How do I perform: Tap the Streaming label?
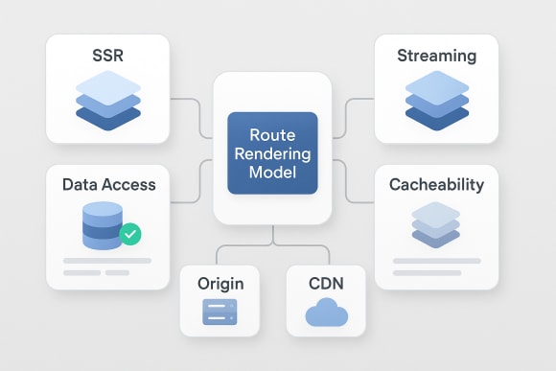click(x=436, y=57)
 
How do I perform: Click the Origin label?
click(x=220, y=284)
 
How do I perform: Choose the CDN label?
click(x=326, y=284)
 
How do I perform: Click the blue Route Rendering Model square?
click(x=272, y=154)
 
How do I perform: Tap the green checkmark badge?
click(x=129, y=233)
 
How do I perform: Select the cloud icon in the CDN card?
click(x=326, y=313)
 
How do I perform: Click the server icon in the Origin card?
click(x=220, y=313)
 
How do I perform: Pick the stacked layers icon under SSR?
click(x=106, y=100)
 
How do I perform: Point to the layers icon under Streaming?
click(x=436, y=100)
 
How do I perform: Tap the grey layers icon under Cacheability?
click(x=436, y=226)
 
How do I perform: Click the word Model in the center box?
click(x=272, y=173)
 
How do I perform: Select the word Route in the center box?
click(x=272, y=136)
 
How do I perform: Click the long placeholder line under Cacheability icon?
click(x=436, y=261)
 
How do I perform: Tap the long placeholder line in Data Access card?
click(x=106, y=261)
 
